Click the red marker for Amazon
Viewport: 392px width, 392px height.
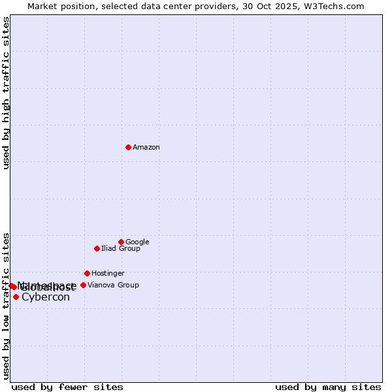128,147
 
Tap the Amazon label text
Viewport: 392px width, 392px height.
146,148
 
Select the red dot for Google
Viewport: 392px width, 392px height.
121,242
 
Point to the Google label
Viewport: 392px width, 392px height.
137,242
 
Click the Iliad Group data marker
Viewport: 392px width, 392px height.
97,248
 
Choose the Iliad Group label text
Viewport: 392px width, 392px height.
121,248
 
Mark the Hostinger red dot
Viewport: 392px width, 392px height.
87,273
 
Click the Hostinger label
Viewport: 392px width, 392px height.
108,273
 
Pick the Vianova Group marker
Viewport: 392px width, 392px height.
83,285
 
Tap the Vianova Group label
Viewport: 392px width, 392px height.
113,285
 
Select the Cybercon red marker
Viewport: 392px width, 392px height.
16,297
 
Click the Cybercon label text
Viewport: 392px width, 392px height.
46,297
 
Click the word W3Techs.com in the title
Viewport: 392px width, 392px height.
337,7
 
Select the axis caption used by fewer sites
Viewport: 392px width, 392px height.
67,387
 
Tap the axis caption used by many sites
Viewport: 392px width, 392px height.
328,387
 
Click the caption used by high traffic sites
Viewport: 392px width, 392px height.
7,93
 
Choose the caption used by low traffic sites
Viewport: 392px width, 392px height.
7,306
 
